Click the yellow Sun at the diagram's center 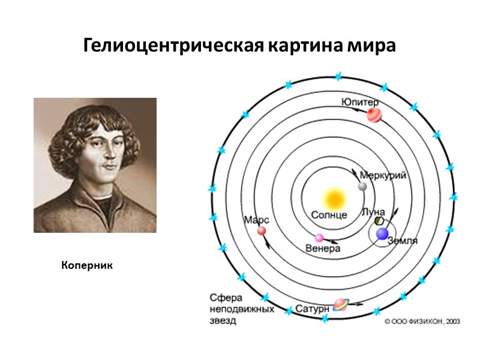point(334,198)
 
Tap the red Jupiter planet point(374,114)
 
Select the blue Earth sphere point(382,234)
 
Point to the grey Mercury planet point(362,187)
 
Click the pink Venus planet point(319,238)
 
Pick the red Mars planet point(262,231)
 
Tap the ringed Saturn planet point(340,304)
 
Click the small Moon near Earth point(379,221)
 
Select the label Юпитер point(360,101)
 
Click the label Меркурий point(383,175)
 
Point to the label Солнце point(329,215)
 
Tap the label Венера point(323,248)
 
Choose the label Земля point(403,241)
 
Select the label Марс point(256,220)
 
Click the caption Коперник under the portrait point(87,264)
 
